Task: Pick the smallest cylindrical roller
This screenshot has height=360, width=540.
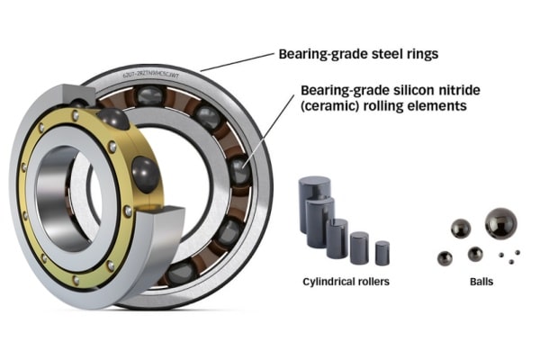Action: (382, 251)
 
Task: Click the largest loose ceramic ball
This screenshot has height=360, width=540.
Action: (500, 222)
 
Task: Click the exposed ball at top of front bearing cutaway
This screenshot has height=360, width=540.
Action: (112, 120)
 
